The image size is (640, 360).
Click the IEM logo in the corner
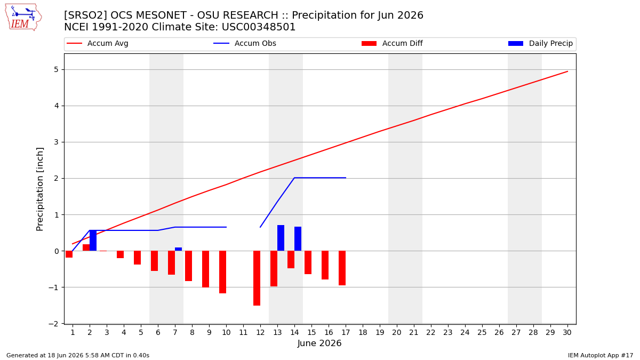click(23, 17)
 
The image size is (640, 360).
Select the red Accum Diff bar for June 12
click(257, 278)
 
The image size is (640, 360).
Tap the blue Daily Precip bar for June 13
click(281, 238)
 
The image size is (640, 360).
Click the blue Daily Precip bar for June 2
click(93, 241)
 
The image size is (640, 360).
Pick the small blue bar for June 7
click(178, 249)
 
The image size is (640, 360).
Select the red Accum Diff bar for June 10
click(223, 272)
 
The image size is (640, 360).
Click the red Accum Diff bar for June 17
click(342, 268)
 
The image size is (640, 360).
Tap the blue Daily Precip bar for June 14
click(298, 239)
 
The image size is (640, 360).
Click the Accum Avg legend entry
click(98, 43)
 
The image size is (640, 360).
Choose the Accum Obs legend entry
click(245, 43)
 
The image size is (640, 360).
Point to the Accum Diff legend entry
click(392, 43)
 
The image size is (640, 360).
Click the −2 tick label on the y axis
click(53, 324)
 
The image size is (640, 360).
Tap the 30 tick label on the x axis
click(567, 332)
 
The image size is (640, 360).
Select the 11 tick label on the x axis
click(243, 332)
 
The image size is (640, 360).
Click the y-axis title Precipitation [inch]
click(39, 189)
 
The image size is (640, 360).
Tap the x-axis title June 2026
click(319, 343)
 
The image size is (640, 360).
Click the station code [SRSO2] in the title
click(85, 15)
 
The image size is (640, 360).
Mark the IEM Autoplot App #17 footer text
click(601, 355)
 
